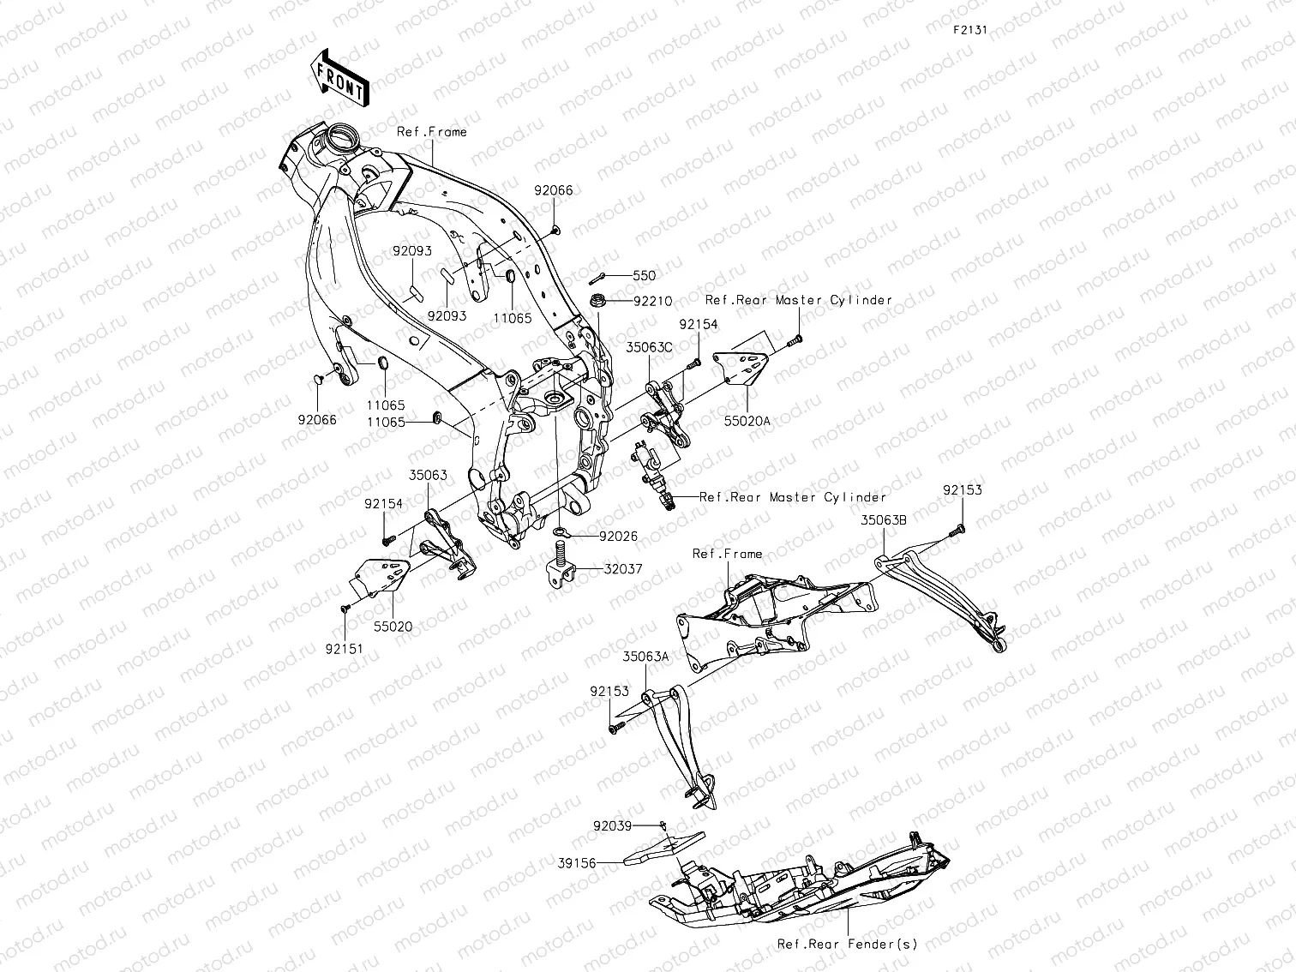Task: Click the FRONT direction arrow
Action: pyautogui.click(x=340, y=77)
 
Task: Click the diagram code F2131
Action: pyautogui.click(x=970, y=29)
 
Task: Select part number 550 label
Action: pyautogui.click(x=644, y=276)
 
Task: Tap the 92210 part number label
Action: pyautogui.click(x=652, y=302)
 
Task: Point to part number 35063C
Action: pyautogui.click(x=649, y=348)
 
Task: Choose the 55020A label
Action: pyautogui.click(x=747, y=422)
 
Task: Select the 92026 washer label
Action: pyautogui.click(x=618, y=537)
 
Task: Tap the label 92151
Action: pyautogui.click(x=343, y=649)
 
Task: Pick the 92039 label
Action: pyautogui.click(x=612, y=826)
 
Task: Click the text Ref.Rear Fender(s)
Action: pyautogui.click(x=847, y=944)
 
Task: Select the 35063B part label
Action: pyautogui.click(x=885, y=519)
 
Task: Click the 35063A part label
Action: pyautogui.click(x=645, y=657)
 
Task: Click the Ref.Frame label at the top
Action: pyautogui.click(x=432, y=132)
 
